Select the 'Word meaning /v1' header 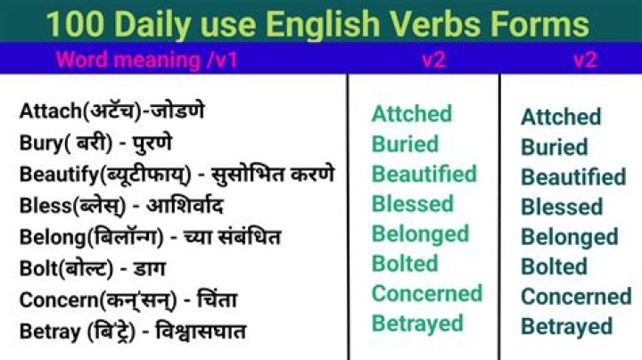(147, 61)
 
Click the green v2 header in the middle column (433, 61)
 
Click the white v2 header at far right (585, 61)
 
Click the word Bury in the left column (38, 143)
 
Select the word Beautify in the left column (54, 173)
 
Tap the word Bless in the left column (42, 205)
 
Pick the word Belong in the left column (47, 236)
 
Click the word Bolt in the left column (37, 267)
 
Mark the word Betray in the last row (45, 331)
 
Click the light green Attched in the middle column (411, 114)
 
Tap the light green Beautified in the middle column (424, 174)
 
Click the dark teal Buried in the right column (554, 147)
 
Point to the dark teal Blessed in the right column (562, 207)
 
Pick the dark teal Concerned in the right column (575, 297)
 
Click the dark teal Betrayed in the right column (566, 327)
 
